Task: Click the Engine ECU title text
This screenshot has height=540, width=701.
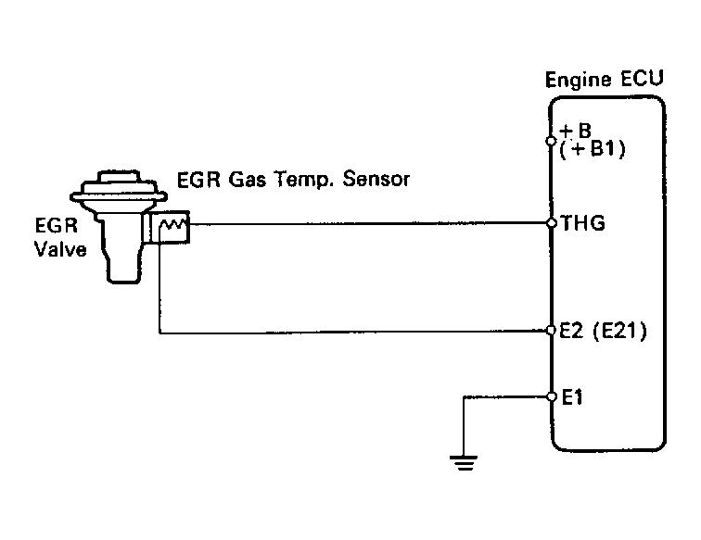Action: [x=603, y=80]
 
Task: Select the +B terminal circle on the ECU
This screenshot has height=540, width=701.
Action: [x=551, y=143]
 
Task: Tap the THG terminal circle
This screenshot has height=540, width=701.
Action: [x=551, y=223]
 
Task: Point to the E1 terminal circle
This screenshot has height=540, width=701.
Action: [x=551, y=396]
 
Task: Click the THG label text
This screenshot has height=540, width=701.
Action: [x=580, y=223]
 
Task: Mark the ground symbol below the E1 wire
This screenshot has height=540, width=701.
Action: [x=462, y=462]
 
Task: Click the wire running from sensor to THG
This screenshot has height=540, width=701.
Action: [x=371, y=223]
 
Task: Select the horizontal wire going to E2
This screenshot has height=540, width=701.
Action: [x=352, y=331]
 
